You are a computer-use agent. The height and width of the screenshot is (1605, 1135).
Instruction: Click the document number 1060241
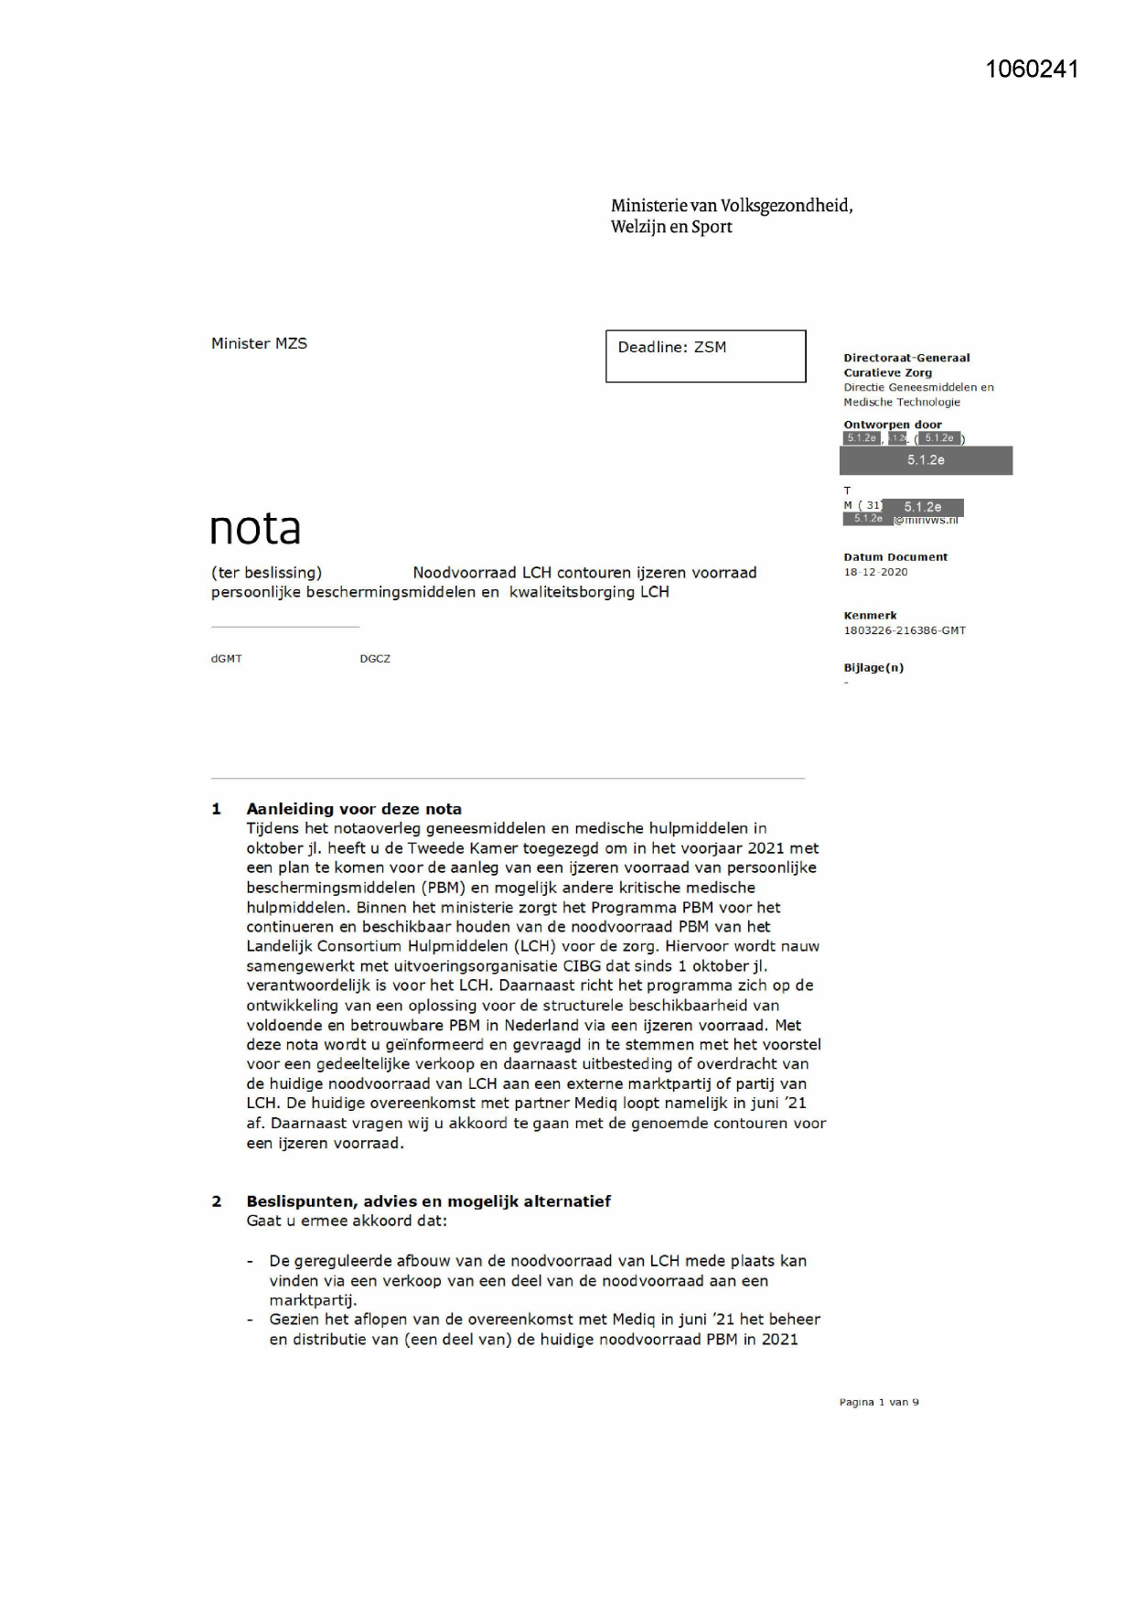tap(1032, 70)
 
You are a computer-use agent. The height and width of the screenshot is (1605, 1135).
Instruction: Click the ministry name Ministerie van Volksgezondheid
tap(731, 206)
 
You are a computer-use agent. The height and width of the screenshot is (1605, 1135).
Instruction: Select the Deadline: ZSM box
tap(705, 356)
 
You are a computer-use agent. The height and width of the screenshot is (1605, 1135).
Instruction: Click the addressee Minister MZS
tap(259, 344)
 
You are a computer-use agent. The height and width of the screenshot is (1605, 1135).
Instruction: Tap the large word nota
tap(255, 528)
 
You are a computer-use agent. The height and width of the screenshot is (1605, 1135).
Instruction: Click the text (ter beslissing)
tap(266, 573)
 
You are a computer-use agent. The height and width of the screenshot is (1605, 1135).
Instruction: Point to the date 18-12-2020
tap(875, 572)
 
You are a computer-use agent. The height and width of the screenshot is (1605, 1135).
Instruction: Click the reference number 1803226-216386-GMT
tap(904, 630)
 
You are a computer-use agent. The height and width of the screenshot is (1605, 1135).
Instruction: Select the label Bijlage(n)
tap(873, 668)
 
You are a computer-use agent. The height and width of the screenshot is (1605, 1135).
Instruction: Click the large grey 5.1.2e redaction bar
tap(926, 460)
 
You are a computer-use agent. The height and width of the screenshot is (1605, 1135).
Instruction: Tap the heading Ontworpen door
tap(892, 425)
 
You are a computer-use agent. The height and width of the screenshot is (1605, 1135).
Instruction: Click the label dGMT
tap(227, 659)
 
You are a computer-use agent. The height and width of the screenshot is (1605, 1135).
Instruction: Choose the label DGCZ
tap(375, 659)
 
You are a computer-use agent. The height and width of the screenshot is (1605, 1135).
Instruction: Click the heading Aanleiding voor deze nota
tap(354, 809)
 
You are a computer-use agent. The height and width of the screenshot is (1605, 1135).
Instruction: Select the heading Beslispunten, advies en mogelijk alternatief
tap(428, 1201)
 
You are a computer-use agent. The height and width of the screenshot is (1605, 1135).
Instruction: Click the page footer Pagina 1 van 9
tap(879, 1402)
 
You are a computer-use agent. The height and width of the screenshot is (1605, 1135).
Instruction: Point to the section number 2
tap(217, 1201)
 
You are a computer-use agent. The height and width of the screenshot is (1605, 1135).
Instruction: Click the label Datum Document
tap(894, 557)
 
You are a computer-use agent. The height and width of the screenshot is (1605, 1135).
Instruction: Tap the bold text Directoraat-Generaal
tap(906, 358)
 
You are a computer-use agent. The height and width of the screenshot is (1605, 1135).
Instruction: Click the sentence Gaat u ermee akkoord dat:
tap(347, 1222)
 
